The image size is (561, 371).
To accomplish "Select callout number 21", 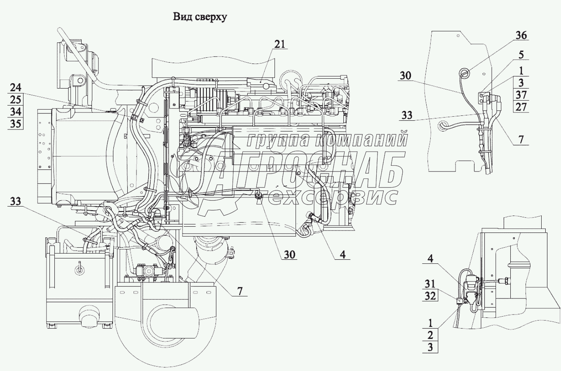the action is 280,45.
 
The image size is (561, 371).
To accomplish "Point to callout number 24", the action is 16,88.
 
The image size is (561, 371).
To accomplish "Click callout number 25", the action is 16,100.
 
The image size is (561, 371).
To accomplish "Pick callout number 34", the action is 16,111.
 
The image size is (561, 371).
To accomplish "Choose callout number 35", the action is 16,124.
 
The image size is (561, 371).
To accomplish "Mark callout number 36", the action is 521,35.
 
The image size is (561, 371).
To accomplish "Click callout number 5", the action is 521,55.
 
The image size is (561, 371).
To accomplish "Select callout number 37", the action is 521,95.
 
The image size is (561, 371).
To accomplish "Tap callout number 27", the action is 521,107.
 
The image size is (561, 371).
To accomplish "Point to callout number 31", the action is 430,284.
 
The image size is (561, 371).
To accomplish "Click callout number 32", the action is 430,296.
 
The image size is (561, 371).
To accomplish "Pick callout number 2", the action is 430,335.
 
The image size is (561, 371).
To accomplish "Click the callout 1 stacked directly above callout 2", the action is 430,323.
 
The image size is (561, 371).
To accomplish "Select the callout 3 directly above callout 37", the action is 521,82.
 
